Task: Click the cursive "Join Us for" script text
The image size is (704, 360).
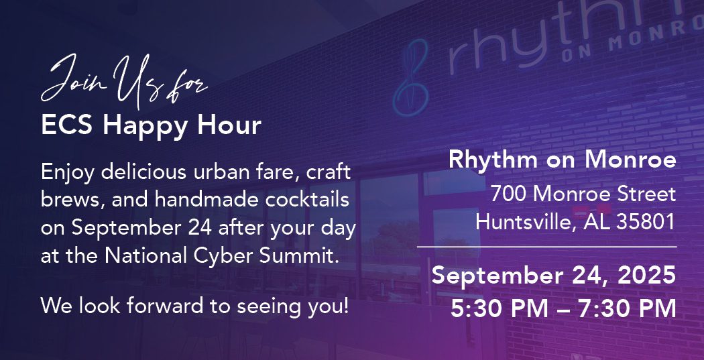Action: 123,81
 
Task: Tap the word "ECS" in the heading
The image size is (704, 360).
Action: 66,125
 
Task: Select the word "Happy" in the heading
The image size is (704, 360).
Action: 145,127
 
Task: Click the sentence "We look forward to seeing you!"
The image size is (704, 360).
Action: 194,306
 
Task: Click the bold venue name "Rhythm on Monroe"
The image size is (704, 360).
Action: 563,160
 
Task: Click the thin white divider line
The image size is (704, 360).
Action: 547,247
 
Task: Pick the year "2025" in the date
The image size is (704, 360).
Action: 646,276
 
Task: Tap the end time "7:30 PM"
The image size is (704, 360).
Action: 627,309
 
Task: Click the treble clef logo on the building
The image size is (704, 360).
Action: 411,77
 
